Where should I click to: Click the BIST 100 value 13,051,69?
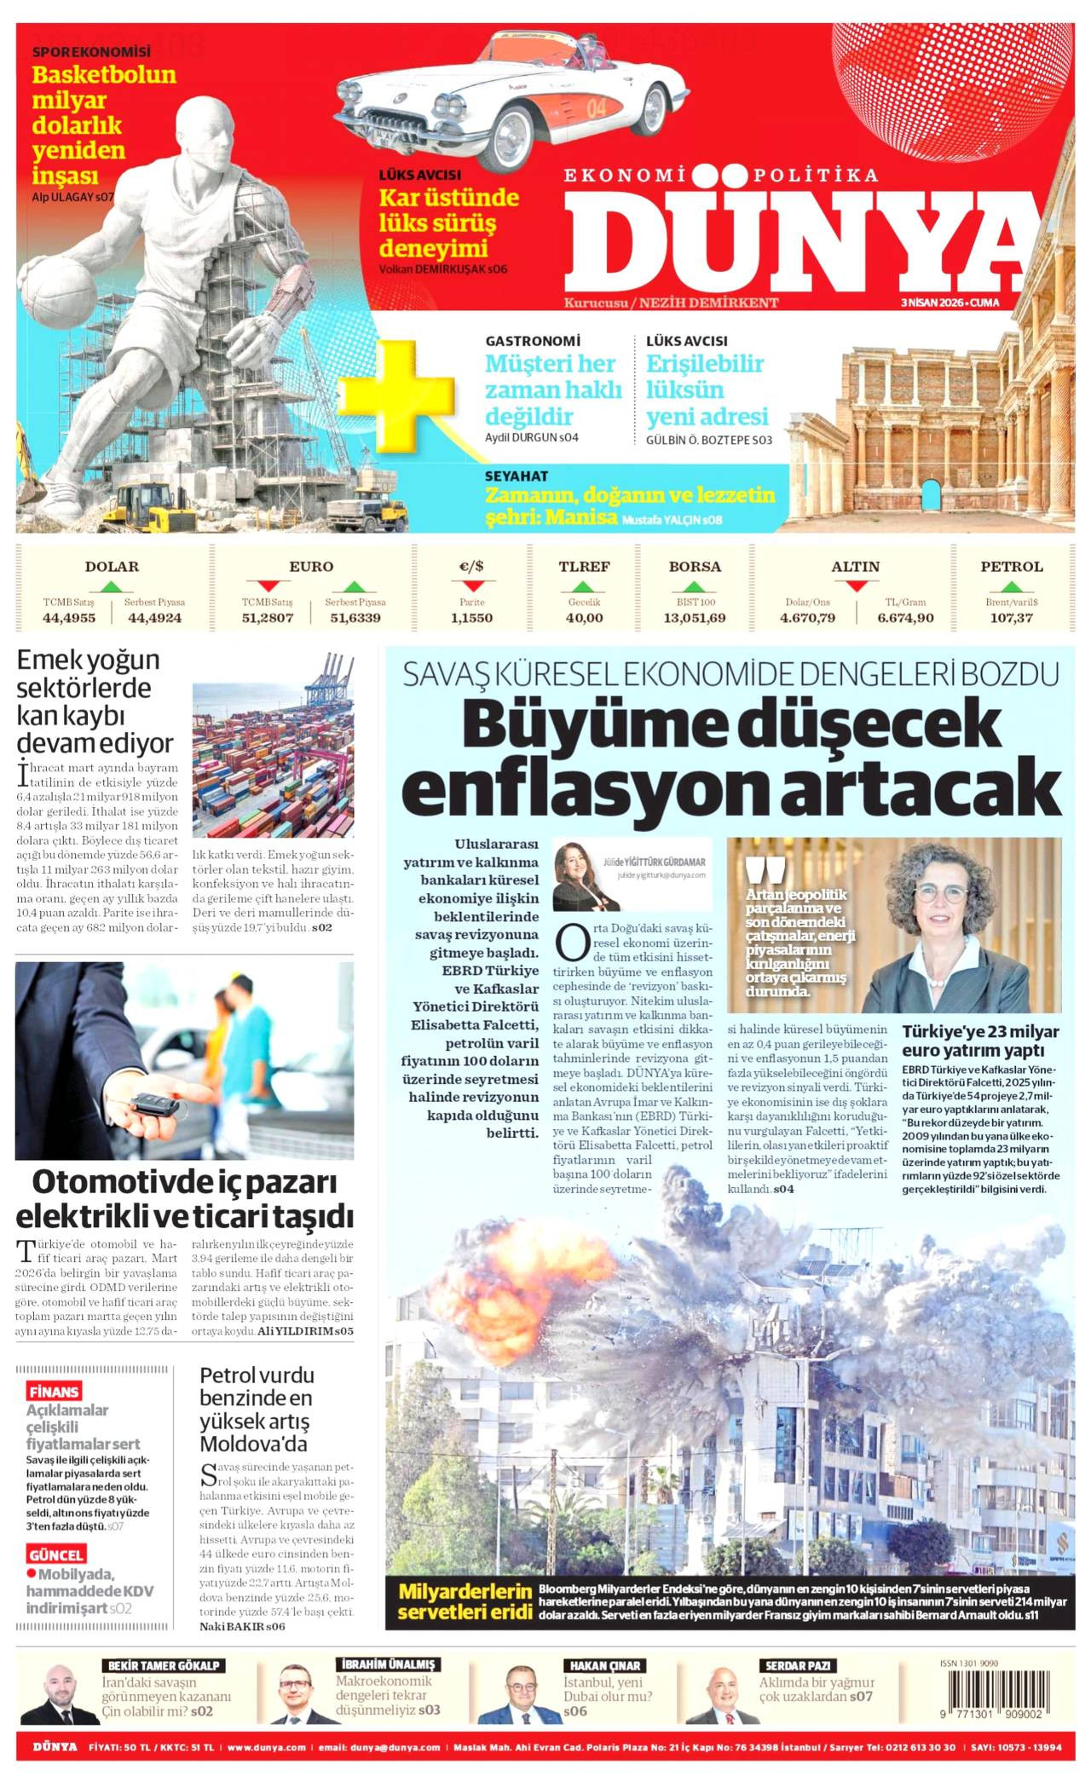point(694,618)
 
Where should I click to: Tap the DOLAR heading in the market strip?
point(112,567)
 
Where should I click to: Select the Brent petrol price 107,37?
point(1011,618)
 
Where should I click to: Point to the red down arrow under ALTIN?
point(856,585)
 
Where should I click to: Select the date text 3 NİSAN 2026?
point(933,303)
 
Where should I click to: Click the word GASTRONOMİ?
point(533,341)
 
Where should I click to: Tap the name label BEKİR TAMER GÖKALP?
point(163,1665)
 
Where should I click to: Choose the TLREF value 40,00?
point(584,618)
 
